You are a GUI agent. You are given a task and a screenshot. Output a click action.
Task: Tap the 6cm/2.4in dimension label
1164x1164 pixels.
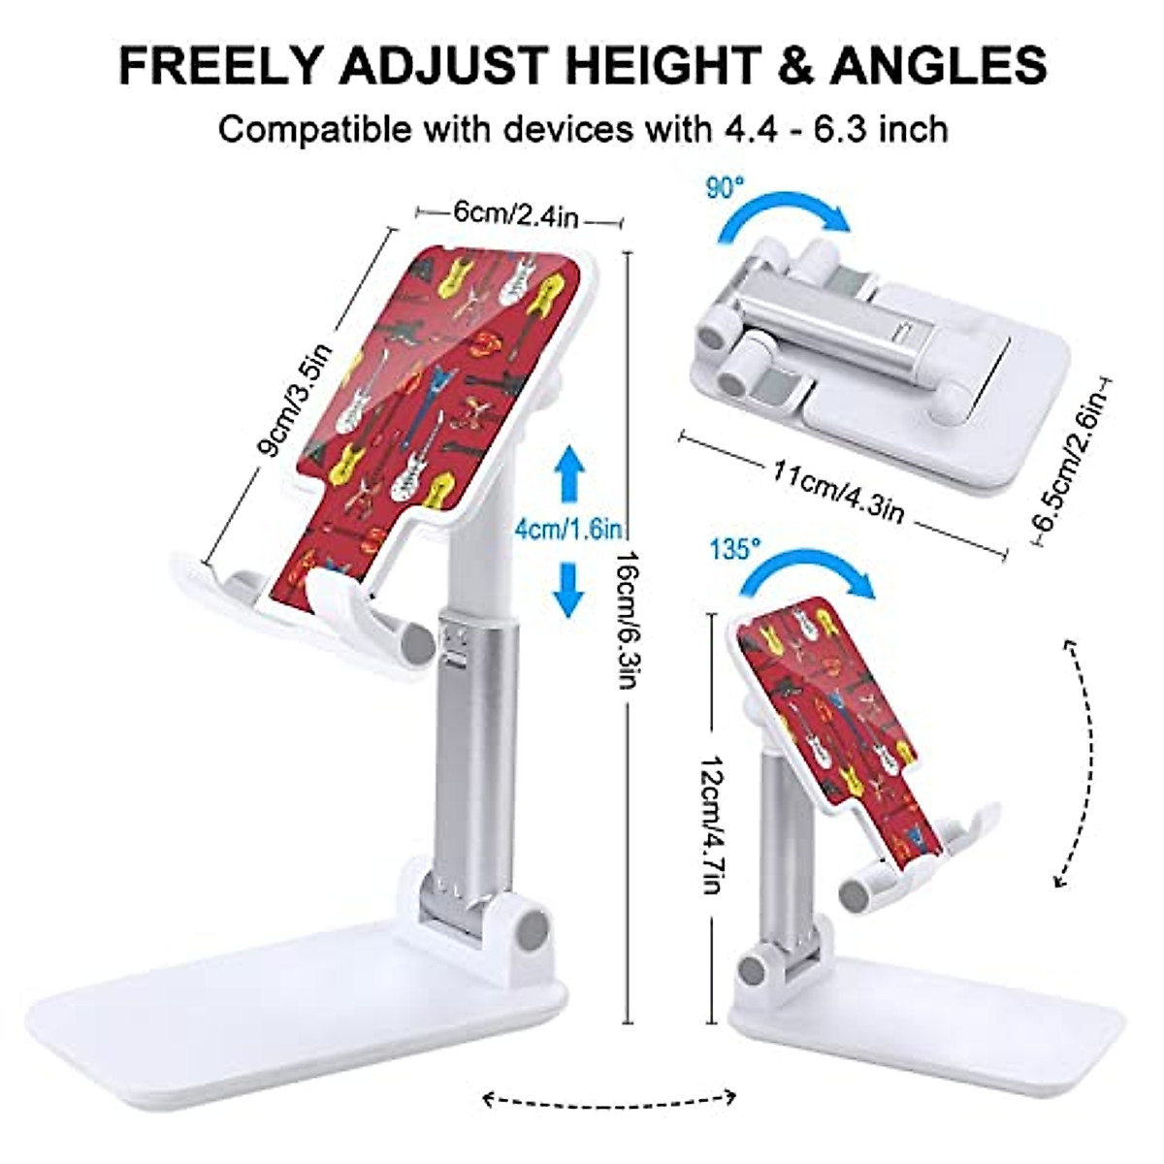click(515, 215)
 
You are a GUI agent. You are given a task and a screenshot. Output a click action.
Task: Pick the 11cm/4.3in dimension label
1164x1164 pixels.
click(839, 493)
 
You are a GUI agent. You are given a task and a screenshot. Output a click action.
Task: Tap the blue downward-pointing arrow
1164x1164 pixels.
click(568, 588)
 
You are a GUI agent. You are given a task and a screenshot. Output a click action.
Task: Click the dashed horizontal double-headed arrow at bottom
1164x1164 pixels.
click(609, 1098)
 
